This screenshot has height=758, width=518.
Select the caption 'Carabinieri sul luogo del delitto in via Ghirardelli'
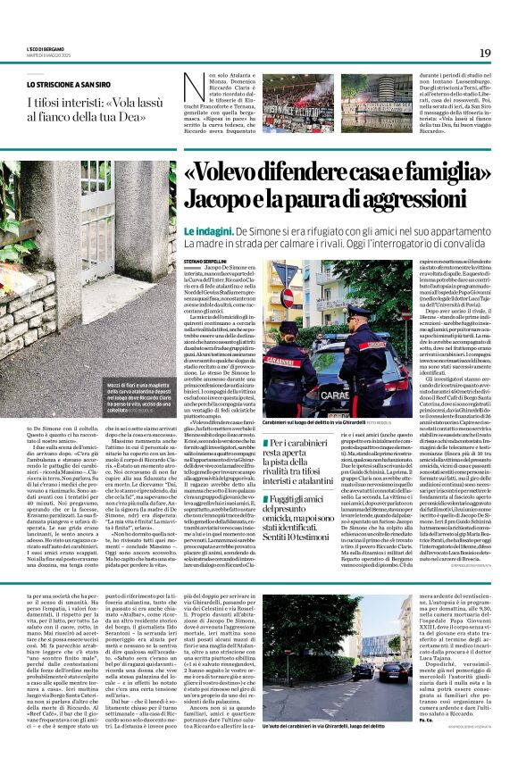(307, 421)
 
